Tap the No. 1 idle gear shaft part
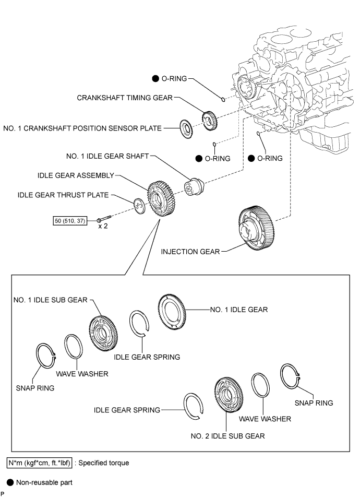(194, 187)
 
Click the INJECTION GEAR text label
(190, 251)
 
